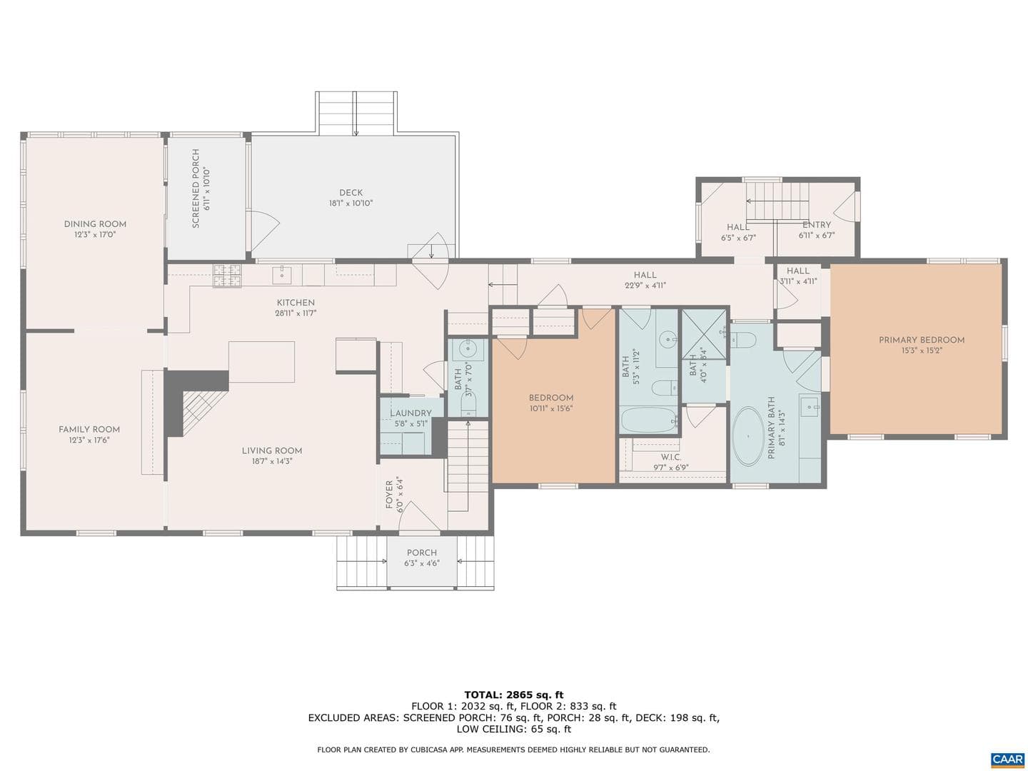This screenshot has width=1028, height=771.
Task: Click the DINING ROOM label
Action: point(95,224)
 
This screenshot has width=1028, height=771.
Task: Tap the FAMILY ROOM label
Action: point(89,430)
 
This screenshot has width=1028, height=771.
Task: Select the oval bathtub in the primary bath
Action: point(748,436)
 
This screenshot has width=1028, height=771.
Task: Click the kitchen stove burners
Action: point(227,276)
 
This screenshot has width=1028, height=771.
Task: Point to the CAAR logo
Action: point(1007,760)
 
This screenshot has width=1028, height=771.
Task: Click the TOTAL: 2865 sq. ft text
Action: point(514,695)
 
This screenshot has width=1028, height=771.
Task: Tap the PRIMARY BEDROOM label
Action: point(921,341)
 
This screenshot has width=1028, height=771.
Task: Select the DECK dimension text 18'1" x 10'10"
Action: point(351,203)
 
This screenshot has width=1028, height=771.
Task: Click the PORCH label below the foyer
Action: point(421,553)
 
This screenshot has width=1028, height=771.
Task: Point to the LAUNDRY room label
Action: point(410,413)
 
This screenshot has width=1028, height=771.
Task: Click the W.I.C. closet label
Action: point(670,458)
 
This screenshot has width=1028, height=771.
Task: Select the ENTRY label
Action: point(816,225)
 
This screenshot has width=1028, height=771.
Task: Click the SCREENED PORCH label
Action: point(196,188)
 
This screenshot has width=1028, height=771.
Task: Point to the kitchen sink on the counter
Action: point(282,274)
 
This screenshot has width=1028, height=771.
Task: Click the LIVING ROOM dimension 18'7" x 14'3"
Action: point(272,461)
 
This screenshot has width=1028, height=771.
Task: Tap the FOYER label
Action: point(389,495)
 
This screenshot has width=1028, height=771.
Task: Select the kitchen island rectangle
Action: point(262,362)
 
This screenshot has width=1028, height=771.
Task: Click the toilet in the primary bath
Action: point(743,340)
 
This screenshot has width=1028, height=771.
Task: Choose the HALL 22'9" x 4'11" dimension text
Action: point(645,285)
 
